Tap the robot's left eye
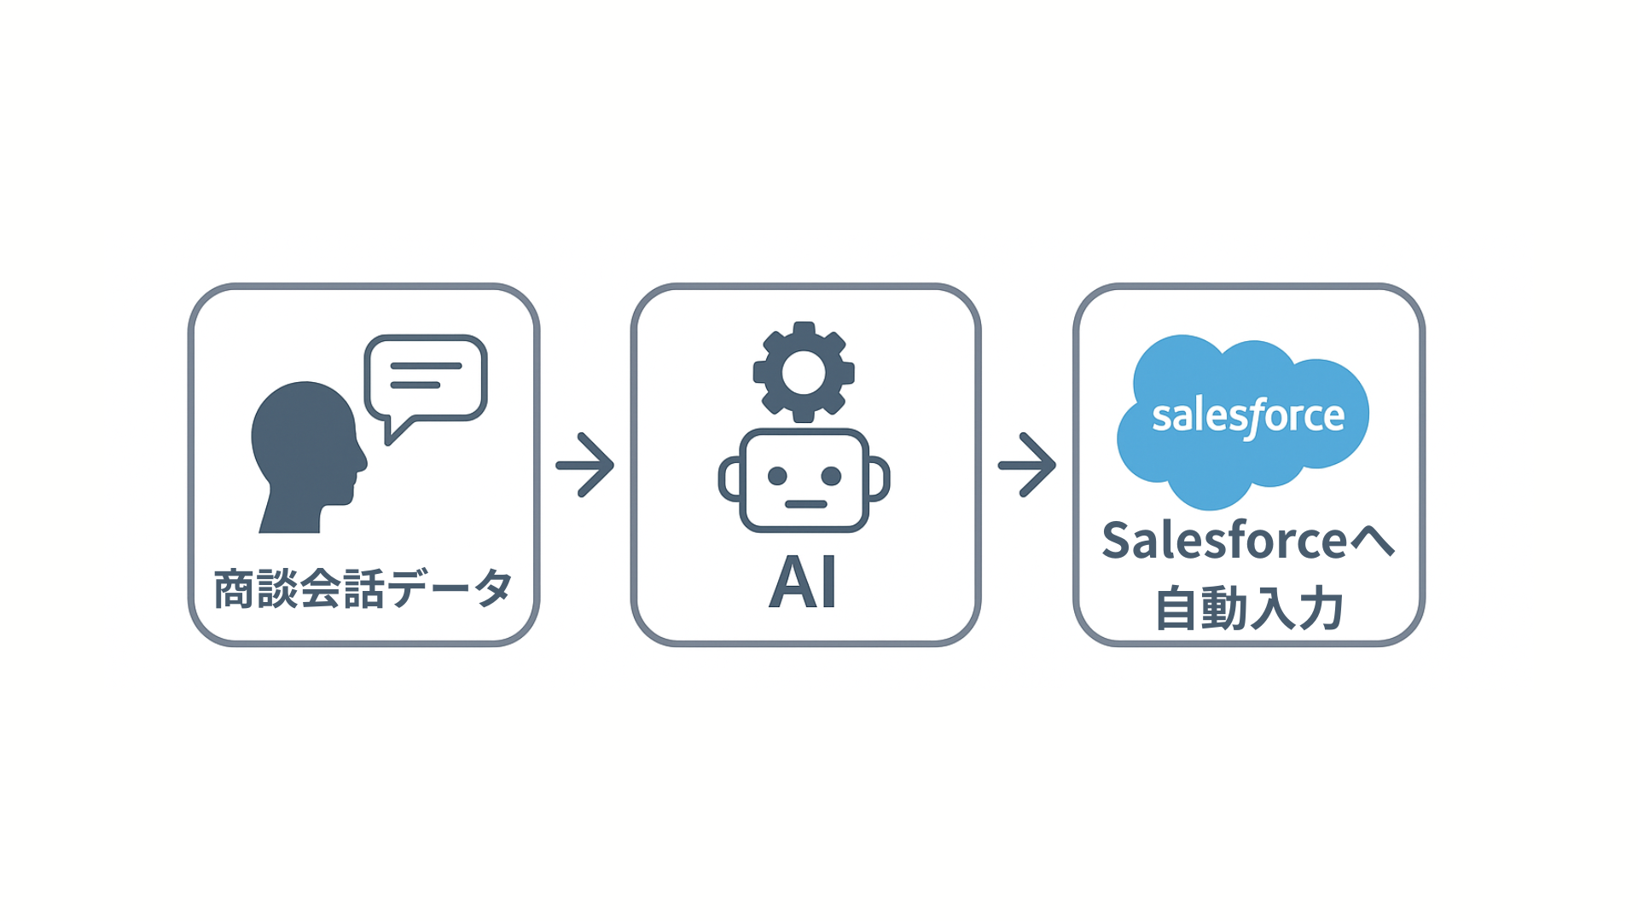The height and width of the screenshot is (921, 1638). point(777,476)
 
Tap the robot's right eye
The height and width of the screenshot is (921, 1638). point(831,476)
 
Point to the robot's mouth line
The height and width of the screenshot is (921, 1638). point(805,504)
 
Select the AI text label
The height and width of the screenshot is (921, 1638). point(803,583)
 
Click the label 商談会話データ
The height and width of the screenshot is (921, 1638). point(363,589)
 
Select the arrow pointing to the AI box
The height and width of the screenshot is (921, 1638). point(585,465)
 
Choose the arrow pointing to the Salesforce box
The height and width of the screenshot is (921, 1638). point(1027,465)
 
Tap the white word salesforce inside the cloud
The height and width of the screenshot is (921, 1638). point(1248,416)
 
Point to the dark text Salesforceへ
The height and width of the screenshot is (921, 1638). point(1248,541)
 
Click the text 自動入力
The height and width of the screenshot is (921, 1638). point(1249,609)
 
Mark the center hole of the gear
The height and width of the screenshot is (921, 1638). point(804,373)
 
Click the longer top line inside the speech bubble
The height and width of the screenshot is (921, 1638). point(426,366)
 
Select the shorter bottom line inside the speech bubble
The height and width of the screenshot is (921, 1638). point(415,385)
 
